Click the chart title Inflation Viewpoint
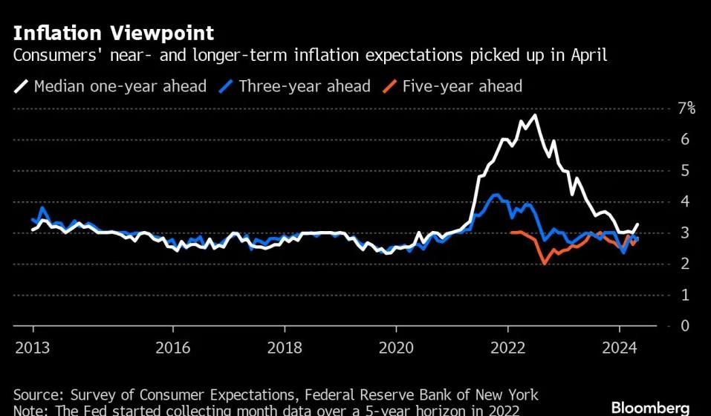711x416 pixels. pos(114,33)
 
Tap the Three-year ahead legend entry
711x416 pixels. pos(295,86)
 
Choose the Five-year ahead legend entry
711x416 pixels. pos(452,86)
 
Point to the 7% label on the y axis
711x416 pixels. pos(686,108)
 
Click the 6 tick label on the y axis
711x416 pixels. pos(684,140)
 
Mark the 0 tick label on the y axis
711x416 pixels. pos(685,325)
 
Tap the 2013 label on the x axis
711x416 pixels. pos(33,348)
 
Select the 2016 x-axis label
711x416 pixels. pos(173,348)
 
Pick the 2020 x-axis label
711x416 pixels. pos(396,348)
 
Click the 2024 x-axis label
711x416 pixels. pos(620,348)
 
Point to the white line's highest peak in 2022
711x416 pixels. pos(536,116)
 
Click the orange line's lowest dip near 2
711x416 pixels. pos(544,263)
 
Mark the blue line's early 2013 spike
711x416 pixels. pos(42,208)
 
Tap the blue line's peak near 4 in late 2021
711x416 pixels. pos(496,195)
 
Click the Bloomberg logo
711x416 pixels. pos(650,407)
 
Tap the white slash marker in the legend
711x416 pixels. pos(22,86)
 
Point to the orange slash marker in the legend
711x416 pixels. pos(390,86)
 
